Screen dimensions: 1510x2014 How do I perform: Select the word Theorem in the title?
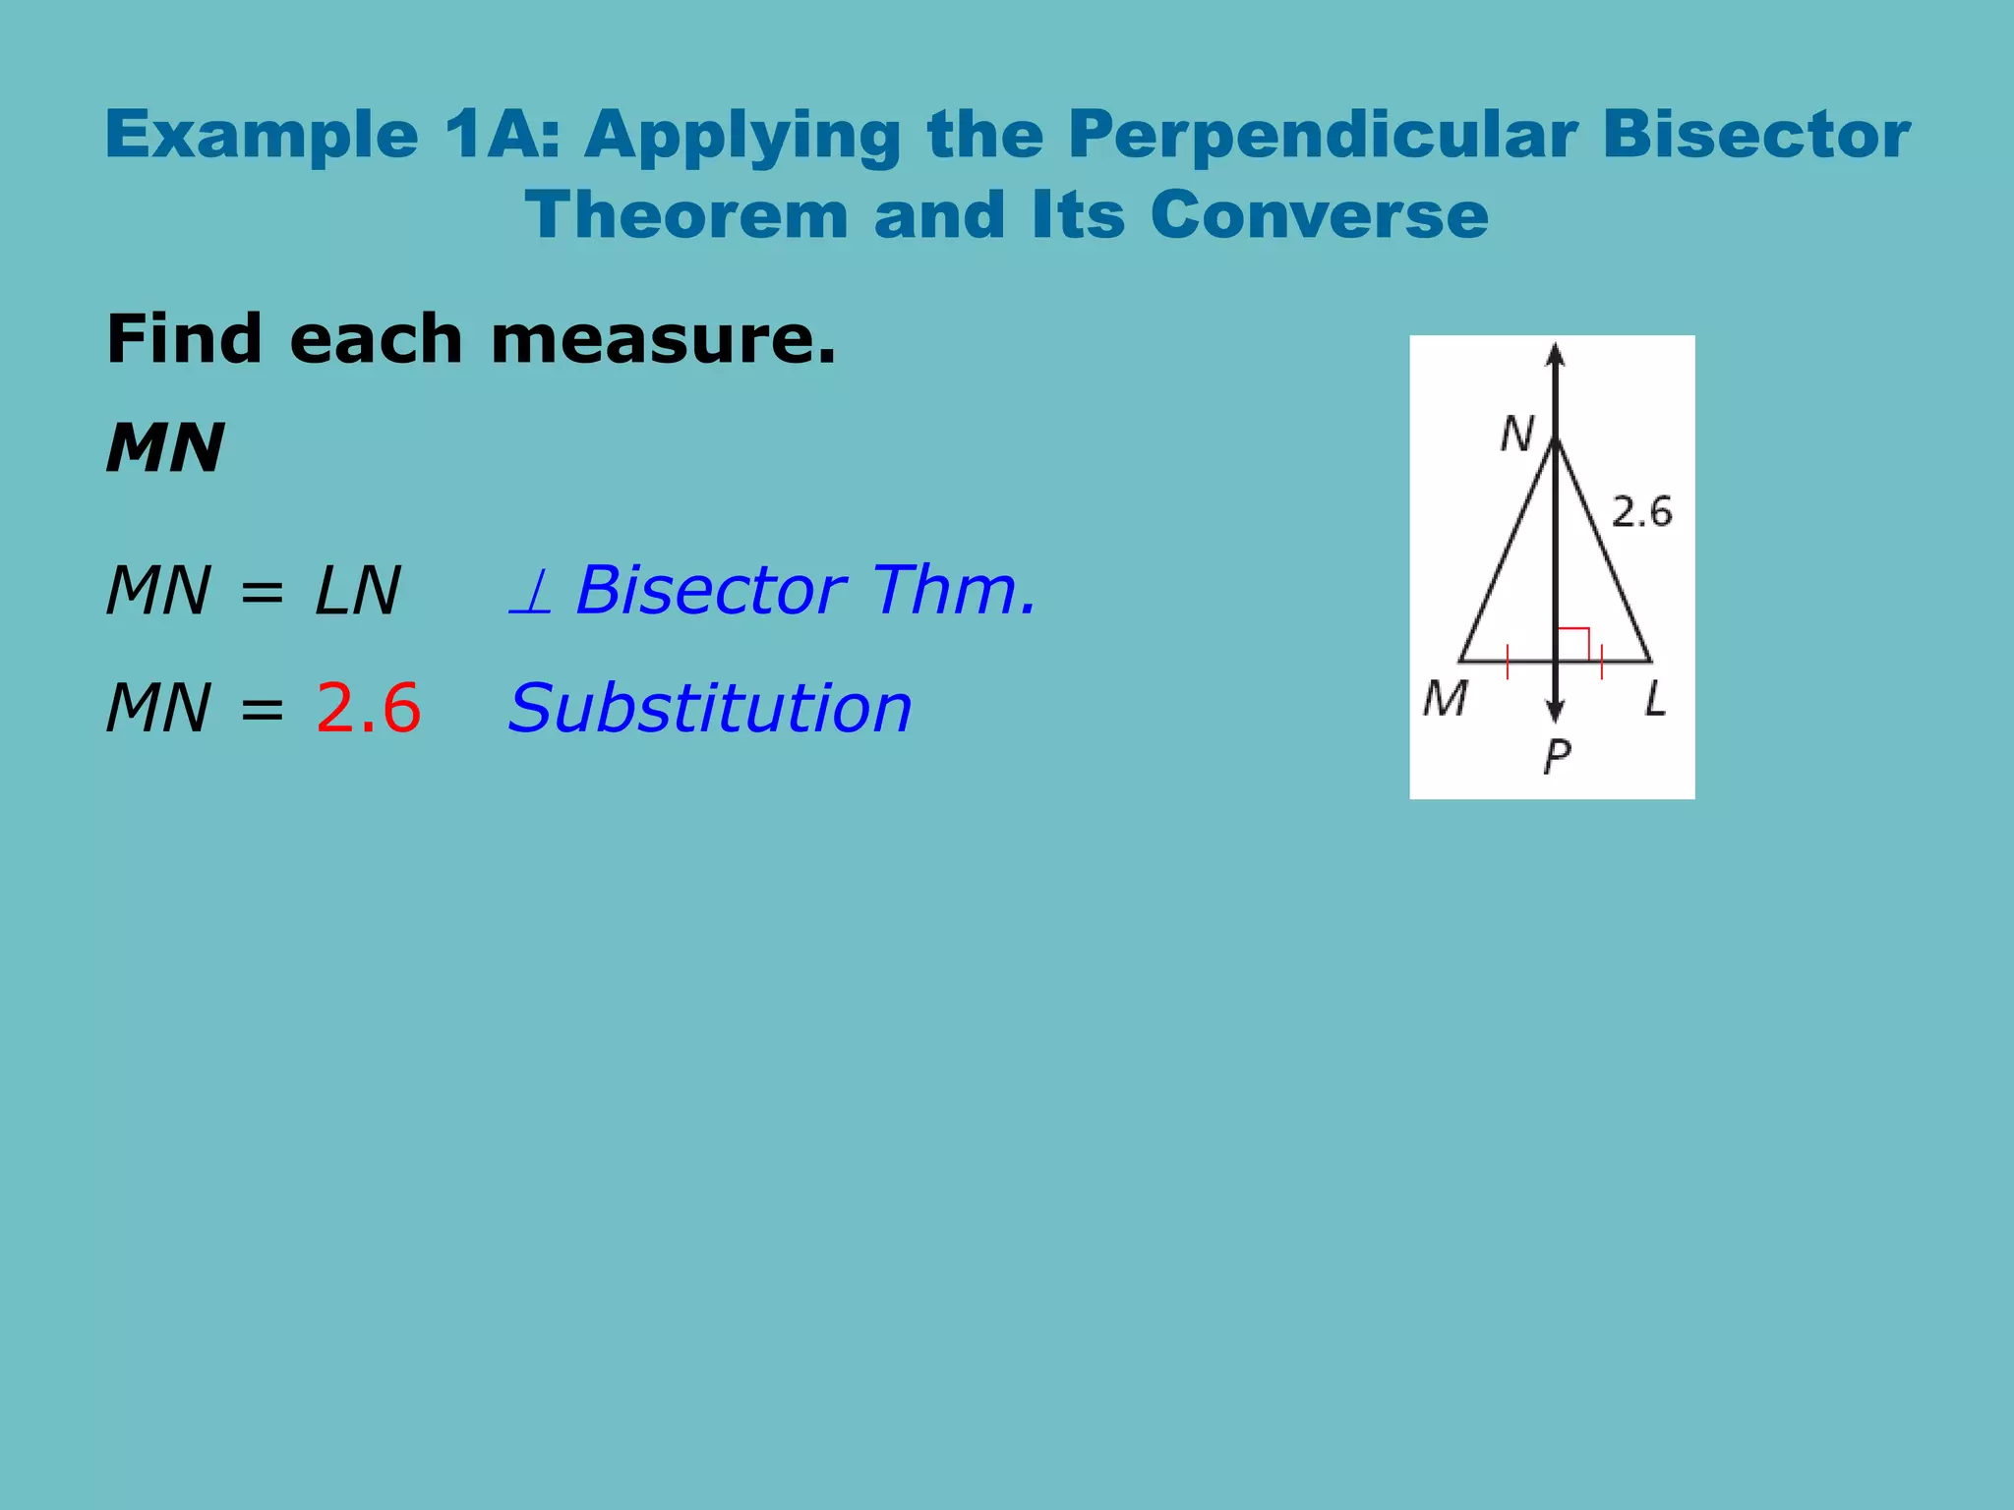click(x=686, y=215)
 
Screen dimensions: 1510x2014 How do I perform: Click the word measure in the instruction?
click(x=663, y=339)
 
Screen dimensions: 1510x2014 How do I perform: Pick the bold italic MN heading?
click(x=165, y=448)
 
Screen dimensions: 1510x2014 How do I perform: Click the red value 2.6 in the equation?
click(x=368, y=708)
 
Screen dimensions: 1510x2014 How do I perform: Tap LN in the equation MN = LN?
click(x=357, y=591)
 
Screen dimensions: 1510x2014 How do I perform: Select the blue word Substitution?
click(x=710, y=708)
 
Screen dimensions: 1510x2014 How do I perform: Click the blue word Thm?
click(x=954, y=591)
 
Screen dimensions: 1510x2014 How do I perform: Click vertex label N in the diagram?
click(x=1516, y=434)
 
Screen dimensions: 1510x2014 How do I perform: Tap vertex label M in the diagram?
click(x=1445, y=699)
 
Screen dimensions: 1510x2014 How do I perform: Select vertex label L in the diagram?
click(x=1656, y=699)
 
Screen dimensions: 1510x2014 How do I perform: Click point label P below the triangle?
click(x=1557, y=756)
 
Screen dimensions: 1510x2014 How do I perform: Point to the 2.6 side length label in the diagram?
click(x=1641, y=512)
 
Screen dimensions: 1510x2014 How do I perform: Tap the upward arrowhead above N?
click(x=1555, y=354)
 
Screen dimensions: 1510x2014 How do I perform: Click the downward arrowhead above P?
click(x=1555, y=711)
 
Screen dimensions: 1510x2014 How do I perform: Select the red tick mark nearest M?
click(x=1508, y=663)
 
